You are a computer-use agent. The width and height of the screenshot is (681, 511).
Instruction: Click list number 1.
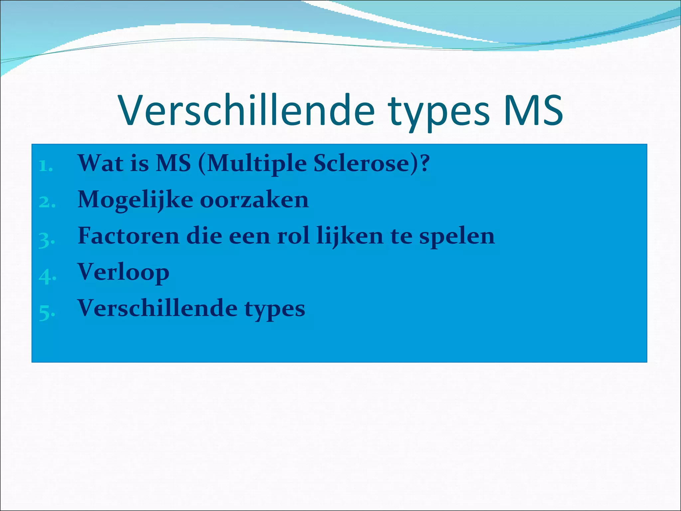46,166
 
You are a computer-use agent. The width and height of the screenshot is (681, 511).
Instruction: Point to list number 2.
47,202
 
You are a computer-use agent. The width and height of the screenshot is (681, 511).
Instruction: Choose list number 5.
47,312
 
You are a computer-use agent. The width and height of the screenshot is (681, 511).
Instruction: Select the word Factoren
128,236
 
